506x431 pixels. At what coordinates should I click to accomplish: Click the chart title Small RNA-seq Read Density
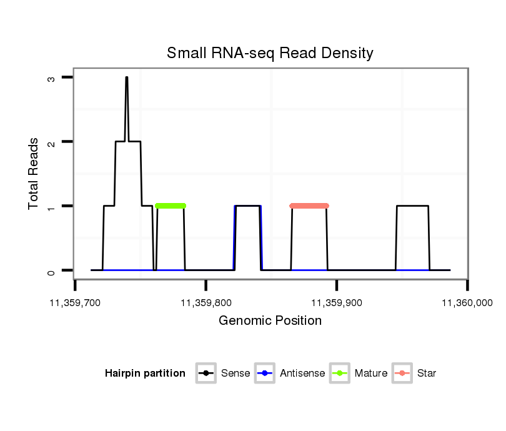[x=270, y=53]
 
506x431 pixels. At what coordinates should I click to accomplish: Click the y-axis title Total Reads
[x=34, y=174]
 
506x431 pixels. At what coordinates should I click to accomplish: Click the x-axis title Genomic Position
[x=270, y=321]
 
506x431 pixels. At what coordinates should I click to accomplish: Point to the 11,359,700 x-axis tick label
[x=75, y=303]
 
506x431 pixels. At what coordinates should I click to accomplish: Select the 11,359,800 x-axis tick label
[x=206, y=303]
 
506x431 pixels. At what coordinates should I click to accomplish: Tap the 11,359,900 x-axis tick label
[x=337, y=303]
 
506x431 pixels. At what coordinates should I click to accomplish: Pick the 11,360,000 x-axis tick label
[x=467, y=303]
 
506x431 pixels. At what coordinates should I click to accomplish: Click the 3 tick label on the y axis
[x=51, y=78]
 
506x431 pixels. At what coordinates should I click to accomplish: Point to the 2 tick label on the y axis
[x=51, y=142]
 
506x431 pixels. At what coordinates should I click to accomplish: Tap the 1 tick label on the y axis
[x=51, y=206]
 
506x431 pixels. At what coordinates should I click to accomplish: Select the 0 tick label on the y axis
[x=51, y=270]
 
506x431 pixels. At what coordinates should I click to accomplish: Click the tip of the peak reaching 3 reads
[x=126, y=78]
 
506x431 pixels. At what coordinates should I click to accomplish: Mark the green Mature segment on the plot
[x=171, y=206]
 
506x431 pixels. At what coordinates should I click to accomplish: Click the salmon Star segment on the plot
[x=309, y=206]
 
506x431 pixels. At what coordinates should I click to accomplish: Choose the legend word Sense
[x=236, y=374]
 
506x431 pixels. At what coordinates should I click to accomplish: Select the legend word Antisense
[x=302, y=374]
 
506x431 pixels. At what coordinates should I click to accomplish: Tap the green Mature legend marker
[x=340, y=374]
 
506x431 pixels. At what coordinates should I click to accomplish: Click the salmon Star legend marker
[x=402, y=374]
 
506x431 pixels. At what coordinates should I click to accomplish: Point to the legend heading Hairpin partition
[x=145, y=374]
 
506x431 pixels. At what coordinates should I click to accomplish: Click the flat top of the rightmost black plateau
[x=413, y=206]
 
